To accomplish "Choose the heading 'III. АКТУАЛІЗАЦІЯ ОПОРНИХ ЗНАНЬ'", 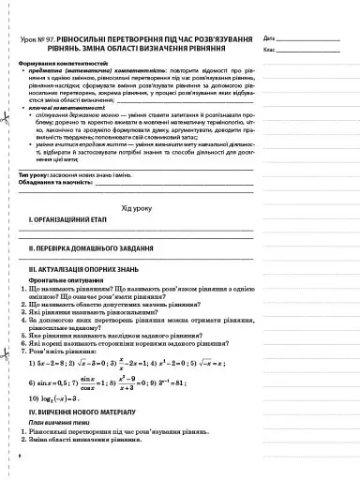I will pos(89,296).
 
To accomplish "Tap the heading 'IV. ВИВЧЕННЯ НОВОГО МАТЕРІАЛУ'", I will pos(90,438).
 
